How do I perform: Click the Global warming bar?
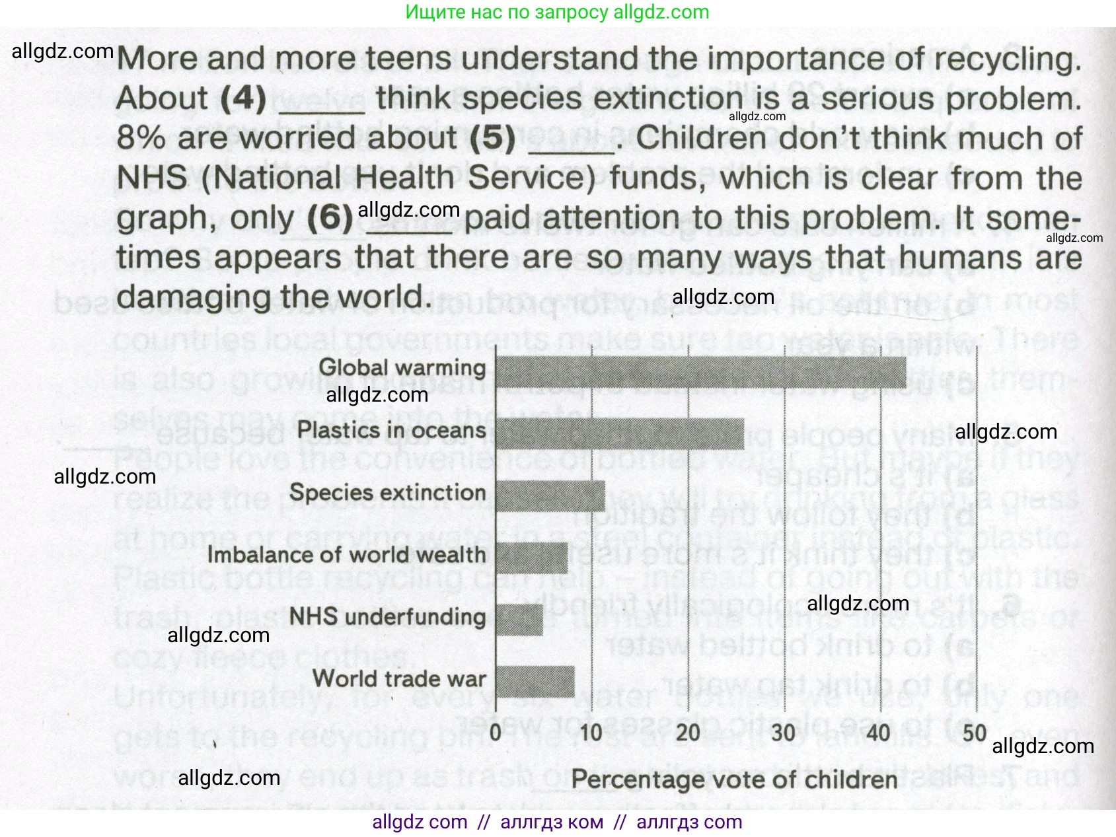[700, 373]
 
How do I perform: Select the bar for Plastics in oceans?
[620, 434]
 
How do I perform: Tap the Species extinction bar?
[550, 495]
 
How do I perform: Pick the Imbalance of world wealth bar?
[531, 558]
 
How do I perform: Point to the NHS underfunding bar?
[519, 620]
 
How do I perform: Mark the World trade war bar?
[535, 682]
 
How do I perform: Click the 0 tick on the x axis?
[496, 732]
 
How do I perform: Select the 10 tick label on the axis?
[591, 732]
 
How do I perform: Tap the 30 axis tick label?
[784, 732]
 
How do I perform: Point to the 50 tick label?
[975, 732]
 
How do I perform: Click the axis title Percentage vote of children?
[734, 780]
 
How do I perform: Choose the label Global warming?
[402, 367]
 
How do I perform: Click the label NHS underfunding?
[387, 616]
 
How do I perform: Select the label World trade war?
[399, 678]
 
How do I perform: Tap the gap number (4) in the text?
[243, 99]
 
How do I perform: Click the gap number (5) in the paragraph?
[493, 138]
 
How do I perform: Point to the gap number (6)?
[330, 218]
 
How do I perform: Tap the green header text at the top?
[557, 12]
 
